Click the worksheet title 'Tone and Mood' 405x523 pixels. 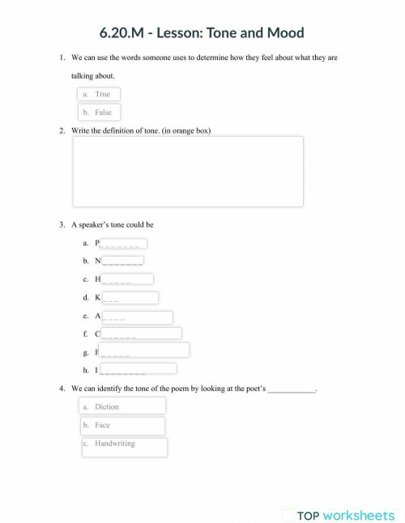[202, 32]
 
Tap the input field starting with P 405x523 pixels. [123, 243]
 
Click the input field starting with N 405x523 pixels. [122, 261]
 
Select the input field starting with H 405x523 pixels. [126, 279]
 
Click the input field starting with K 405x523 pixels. [130, 297]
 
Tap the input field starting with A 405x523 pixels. [136, 317]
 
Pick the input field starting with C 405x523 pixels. [141, 333]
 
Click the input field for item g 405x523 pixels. [143, 350]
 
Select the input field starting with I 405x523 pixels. [137, 368]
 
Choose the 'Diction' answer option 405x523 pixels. [124, 406]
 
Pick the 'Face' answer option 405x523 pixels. [124, 426]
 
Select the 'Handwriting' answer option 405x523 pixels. [125, 446]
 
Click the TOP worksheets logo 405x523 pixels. [345, 515]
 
